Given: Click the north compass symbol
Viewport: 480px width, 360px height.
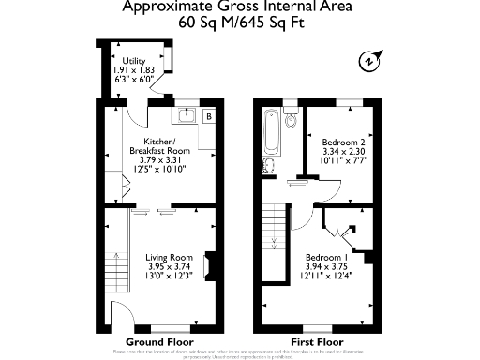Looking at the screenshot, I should click(x=367, y=62).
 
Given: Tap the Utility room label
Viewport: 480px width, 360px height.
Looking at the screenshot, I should click(x=133, y=62).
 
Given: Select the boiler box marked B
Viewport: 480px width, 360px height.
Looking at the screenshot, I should click(x=209, y=115).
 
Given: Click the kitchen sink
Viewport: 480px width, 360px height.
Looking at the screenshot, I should click(x=186, y=116).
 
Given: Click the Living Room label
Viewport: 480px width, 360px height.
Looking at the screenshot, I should click(x=169, y=257).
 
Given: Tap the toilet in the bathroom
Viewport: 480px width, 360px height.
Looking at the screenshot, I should click(x=291, y=117).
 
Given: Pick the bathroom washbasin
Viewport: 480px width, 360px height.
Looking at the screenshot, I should click(x=269, y=167).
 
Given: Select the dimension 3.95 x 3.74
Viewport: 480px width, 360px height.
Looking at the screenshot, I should click(x=169, y=267).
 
